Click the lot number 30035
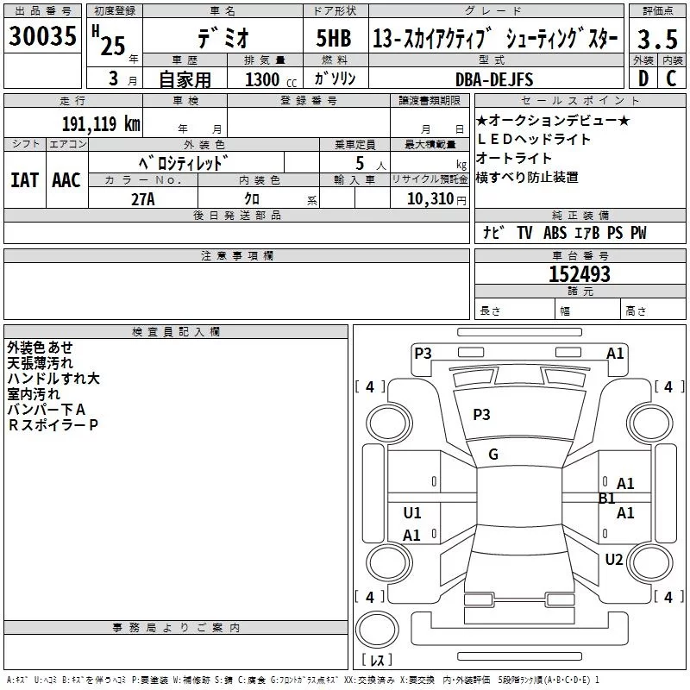43,38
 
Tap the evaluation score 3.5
657,39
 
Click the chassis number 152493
580,274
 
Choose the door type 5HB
334,39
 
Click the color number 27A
142,198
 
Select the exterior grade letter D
643,79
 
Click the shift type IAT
24,180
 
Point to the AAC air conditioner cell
66,180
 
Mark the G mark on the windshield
493,455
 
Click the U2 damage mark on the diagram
613,560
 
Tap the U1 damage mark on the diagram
412,513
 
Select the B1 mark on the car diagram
607,499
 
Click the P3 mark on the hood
481,415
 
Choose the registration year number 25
112,46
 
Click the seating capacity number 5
359,163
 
